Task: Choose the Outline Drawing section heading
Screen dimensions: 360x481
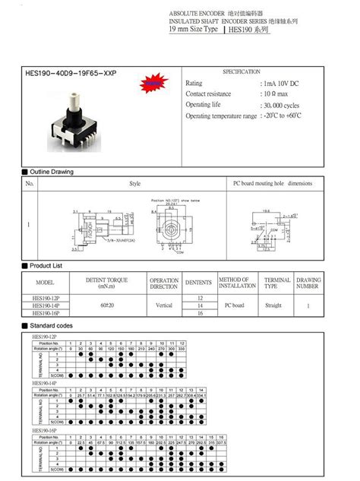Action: coord(51,172)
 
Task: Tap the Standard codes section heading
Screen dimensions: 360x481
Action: coord(51,324)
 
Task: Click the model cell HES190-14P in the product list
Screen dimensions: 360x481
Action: coord(47,305)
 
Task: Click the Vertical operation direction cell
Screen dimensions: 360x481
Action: coord(165,305)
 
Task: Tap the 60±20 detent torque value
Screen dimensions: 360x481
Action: coord(106,305)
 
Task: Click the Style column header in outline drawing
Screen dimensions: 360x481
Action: coord(134,184)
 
